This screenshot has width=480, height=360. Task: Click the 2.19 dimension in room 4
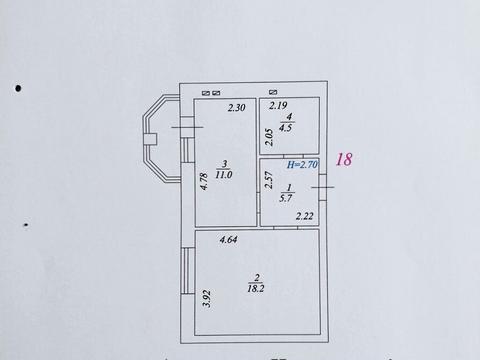pyautogui.click(x=278, y=105)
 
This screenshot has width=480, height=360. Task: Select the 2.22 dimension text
pyautogui.click(x=305, y=215)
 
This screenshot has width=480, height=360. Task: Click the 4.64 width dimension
pyautogui.click(x=226, y=239)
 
